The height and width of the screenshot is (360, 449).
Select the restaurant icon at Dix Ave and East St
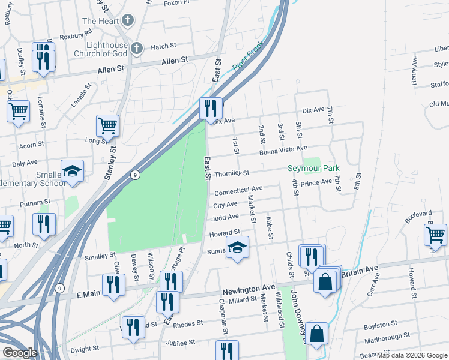210,108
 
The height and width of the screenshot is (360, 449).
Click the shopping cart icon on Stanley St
107,125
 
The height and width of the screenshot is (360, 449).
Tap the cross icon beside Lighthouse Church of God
137,48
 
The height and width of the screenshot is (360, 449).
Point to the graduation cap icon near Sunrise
237,248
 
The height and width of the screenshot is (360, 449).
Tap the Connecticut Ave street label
238,191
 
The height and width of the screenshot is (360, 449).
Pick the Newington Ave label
248,291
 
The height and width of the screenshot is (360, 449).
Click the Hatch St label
163,46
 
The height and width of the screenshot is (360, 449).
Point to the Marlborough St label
387,337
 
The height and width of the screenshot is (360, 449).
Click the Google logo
20,353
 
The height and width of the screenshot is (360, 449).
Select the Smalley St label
83,256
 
